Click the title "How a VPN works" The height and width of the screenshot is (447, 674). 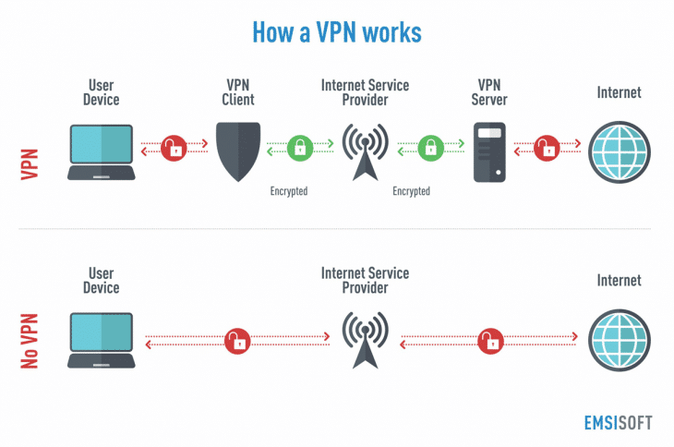coord(337,33)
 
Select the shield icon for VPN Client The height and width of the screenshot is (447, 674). coord(238,151)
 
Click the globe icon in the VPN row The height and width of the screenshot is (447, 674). coord(618,151)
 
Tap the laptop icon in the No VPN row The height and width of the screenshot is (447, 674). coord(102,340)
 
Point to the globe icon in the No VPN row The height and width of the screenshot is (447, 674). coord(618,340)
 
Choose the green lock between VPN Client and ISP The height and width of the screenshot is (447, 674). coord(299,146)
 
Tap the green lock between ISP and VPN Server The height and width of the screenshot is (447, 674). coord(428,146)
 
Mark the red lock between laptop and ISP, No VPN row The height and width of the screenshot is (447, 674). coord(238,340)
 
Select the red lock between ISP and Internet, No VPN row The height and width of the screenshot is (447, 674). coord(489,340)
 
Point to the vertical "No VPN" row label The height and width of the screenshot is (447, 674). coord(30,339)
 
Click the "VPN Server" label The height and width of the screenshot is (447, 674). coord(488,92)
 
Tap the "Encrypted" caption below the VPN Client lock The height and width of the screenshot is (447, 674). coord(288,191)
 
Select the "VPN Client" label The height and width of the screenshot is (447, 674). coord(238,92)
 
